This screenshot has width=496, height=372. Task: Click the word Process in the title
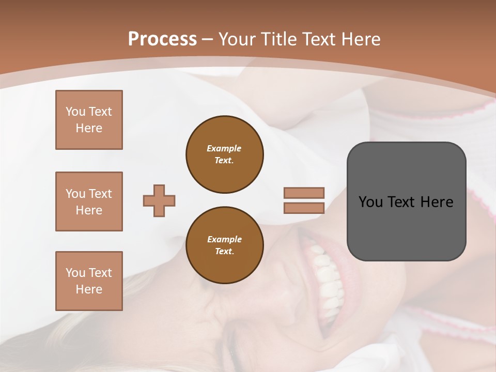pyautogui.click(x=162, y=39)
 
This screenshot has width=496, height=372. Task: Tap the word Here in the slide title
pyautogui.click(x=361, y=39)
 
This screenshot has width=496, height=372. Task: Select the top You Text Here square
pyautogui.click(x=89, y=120)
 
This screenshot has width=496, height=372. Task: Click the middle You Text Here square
pyautogui.click(x=89, y=202)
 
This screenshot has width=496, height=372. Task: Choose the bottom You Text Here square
pyautogui.click(x=89, y=281)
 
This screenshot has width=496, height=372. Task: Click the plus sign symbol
pyautogui.click(x=159, y=200)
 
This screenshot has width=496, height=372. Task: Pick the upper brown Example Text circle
pyautogui.click(x=225, y=154)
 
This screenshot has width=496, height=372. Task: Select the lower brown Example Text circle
pyautogui.click(x=225, y=245)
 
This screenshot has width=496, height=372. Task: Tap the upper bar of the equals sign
pyautogui.click(x=304, y=193)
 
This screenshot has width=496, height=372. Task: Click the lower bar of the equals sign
pyautogui.click(x=304, y=208)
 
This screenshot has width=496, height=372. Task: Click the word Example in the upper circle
pyautogui.click(x=224, y=148)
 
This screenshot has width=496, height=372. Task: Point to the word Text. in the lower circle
pyautogui.click(x=224, y=251)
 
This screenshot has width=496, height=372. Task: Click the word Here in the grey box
pyautogui.click(x=437, y=202)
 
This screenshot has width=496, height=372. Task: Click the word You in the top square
pyautogui.click(x=75, y=112)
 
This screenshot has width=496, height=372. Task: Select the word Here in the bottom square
pyautogui.click(x=89, y=289)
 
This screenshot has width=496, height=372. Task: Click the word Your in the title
pyautogui.click(x=237, y=39)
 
